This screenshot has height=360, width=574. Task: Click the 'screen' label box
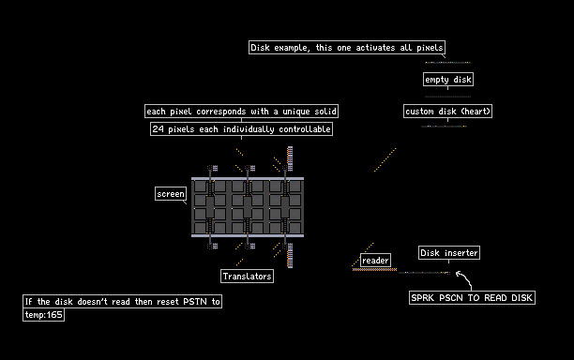tap(171, 193)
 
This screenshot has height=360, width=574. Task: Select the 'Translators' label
tap(247, 276)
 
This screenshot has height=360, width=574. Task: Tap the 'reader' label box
tap(375, 260)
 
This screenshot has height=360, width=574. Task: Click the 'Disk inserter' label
tap(449, 252)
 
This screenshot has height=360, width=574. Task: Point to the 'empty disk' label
tap(448, 79)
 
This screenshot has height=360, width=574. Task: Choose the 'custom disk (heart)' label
tap(447, 111)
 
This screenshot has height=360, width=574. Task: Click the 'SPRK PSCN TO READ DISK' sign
tap(472, 297)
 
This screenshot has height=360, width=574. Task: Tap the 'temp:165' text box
tap(43, 314)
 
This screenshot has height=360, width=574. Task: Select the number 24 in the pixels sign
tap(158, 128)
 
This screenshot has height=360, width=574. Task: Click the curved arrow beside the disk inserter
tap(464, 280)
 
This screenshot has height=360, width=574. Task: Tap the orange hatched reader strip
tap(374, 270)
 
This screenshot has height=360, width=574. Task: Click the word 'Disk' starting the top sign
tap(261, 48)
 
